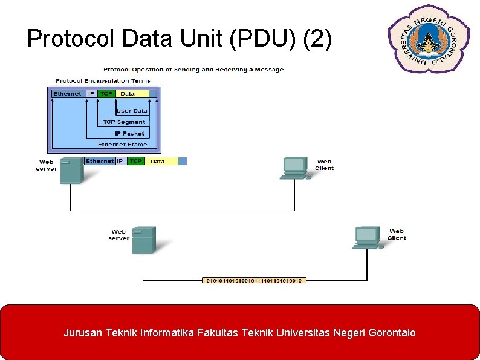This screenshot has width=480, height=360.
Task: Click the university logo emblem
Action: [429, 38]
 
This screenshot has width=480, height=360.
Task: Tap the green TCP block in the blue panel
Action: [107, 94]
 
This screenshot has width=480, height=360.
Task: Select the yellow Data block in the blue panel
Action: [133, 94]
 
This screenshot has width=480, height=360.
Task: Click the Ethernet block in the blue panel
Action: [67, 94]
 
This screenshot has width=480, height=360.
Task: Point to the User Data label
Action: [132, 111]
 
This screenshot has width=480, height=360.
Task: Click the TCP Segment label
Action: [124, 122]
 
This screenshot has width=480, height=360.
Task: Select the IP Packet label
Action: [129, 133]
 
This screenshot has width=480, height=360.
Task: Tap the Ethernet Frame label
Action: [122, 145]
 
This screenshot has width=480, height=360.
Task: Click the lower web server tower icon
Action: [144, 240]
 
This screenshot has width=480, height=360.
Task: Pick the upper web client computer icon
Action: [294, 168]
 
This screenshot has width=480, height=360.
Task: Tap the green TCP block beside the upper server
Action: [136, 162]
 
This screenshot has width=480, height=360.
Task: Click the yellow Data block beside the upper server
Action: [160, 162]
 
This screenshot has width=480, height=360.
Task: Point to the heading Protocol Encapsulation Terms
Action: [103, 80]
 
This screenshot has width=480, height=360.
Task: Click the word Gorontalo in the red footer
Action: [388, 333]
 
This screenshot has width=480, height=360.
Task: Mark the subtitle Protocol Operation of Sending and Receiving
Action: [193, 70]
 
